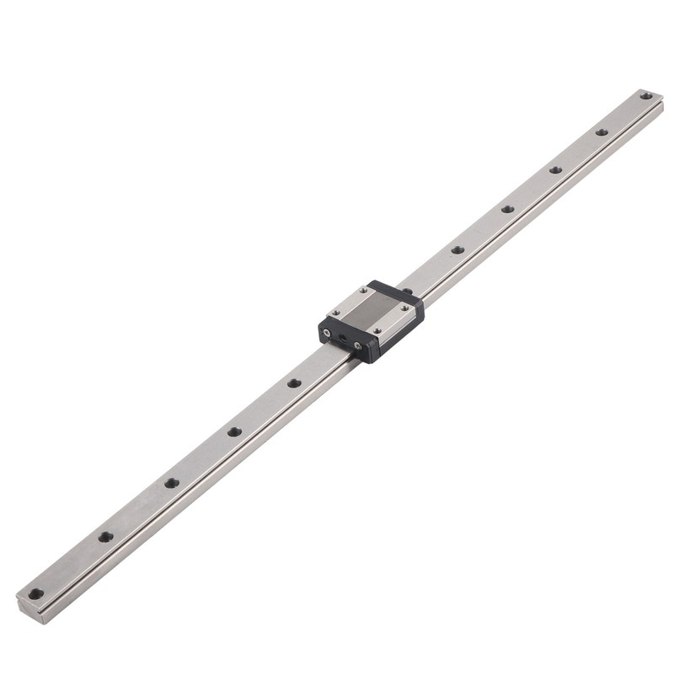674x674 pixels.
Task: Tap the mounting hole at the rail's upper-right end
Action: pos(646,96)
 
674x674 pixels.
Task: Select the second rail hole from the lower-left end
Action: pos(105,537)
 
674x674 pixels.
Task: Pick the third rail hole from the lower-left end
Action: pos(172,483)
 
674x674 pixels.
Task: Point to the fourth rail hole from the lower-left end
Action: pos(234,432)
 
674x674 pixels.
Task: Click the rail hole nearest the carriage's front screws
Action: pos(294,383)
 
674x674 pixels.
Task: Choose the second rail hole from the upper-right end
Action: pos(602,132)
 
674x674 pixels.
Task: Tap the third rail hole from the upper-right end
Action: pos(556,169)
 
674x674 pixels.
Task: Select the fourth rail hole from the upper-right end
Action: pos(507,209)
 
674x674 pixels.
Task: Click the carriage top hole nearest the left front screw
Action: pos(335,311)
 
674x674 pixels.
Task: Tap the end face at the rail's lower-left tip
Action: pos(25,604)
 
